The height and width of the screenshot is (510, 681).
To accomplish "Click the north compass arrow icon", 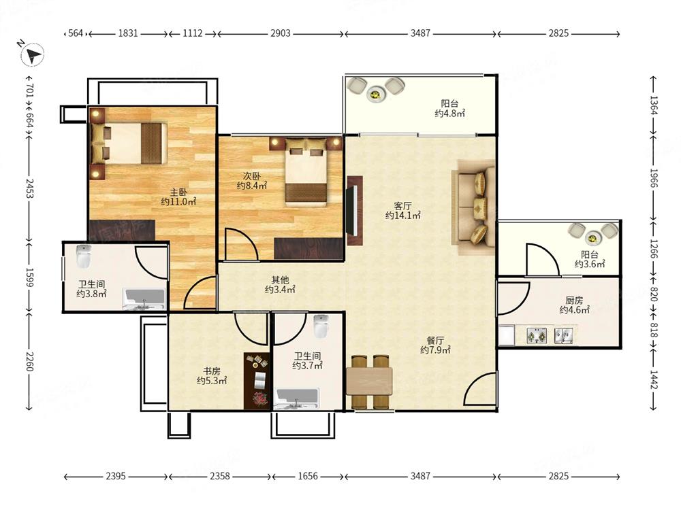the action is pos(33,55).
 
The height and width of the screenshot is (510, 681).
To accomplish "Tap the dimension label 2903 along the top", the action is pos(280,33).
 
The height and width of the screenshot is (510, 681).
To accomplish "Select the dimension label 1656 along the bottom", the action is pos(308,476).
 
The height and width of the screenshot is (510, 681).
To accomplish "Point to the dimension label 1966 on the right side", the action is pos(654,178).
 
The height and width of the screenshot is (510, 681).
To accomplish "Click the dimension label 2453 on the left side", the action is pos(29,188).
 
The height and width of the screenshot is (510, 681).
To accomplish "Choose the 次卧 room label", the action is pos(251,176).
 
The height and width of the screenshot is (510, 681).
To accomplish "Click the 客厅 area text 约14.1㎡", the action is pos(402,215).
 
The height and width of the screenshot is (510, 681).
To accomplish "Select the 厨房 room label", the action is pos(574,300).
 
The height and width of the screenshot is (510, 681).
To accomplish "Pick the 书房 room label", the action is pos(212,371).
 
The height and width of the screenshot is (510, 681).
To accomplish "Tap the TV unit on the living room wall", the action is pos(354,210).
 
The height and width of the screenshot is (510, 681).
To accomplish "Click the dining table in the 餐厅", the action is pos(369,381).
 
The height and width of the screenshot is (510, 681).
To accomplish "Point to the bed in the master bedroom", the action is pos(129,143).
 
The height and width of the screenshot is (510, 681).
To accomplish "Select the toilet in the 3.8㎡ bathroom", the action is pos(83,256).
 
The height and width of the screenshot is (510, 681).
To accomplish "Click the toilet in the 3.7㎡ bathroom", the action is pos(321,326).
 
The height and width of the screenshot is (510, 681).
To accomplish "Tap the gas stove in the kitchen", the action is pos(537,336).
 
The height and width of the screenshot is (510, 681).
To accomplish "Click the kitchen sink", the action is pos(564,336).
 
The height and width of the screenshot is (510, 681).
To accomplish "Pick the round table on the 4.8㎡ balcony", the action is pos(376,94).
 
